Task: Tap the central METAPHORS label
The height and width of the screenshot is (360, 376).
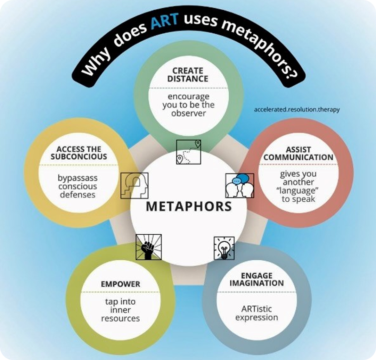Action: click(189, 206)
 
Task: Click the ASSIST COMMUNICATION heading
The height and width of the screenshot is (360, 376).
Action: click(298, 153)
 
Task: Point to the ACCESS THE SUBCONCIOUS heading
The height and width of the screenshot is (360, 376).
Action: click(79, 153)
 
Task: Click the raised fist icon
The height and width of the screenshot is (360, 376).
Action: click(148, 247)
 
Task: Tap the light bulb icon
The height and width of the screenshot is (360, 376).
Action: click(223, 248)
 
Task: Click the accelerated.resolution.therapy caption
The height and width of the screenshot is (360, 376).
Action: click(297, 110)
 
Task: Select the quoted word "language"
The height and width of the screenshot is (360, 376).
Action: click(297, 191)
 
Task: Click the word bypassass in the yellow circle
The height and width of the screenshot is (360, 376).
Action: click(78, 178)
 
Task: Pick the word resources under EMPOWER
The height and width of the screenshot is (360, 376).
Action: click(121, 318)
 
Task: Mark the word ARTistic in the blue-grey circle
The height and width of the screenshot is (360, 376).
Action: click(257, 309)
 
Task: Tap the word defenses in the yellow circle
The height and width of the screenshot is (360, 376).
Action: click(78, 194)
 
